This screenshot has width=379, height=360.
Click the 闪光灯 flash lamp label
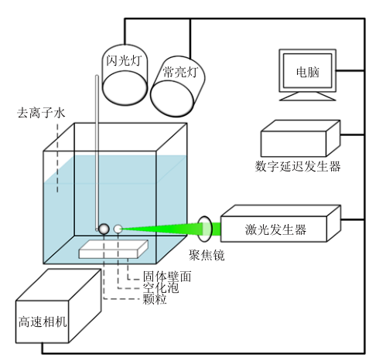click(x=124, y=60)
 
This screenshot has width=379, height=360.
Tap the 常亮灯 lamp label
click(x=180, y=72)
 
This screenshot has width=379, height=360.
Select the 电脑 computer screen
click(x=307, y=70)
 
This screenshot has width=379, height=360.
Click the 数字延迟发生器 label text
click(x=298, y=166)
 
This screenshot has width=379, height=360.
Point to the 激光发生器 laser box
click(x=281, y=223)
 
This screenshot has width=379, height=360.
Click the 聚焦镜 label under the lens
click(x=207, y=255)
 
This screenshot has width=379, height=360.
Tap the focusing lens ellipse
click(x=205, y=229)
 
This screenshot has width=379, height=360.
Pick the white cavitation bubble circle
click(x=118, y=229)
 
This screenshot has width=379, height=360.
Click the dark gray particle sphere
click(x=104, y=229)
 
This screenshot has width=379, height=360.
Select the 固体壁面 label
click(x=167, y=277)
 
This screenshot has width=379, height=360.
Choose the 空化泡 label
click(x=161, y=287)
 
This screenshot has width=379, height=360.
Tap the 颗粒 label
click(x=155, y=299)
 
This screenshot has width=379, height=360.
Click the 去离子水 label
click(x=41, y=113)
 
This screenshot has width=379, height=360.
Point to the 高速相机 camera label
click(x=43, y=321)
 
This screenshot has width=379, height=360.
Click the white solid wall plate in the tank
click(x=114, y=250)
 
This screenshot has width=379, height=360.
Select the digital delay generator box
click(x=301, y=138)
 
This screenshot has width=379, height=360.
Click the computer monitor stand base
click(x=308, y=97)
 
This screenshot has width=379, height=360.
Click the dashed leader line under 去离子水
click(x=57, y=158)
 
